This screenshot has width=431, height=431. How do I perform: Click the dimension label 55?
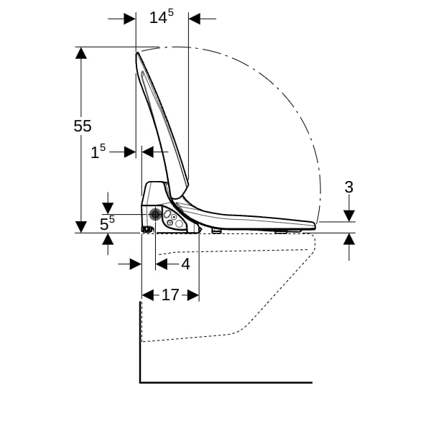[x=83, y=126]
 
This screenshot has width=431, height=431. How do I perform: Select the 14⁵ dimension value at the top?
[x=162, y=17]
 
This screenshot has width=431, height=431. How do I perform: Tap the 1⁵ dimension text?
[x=98, y=152]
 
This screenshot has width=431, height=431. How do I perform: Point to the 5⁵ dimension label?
[x=107, y=223]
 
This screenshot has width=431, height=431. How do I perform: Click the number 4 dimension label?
[x=186, y=264]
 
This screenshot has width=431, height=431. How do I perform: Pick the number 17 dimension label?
[x=170, y=295]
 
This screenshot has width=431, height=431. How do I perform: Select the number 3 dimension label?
[x=349, y=187]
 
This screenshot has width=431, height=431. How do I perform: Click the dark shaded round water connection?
[x=155, y=214]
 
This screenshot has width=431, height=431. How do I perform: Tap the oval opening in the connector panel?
[x=167, y=214]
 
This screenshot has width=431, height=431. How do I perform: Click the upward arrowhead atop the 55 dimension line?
[x=81, y=52]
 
